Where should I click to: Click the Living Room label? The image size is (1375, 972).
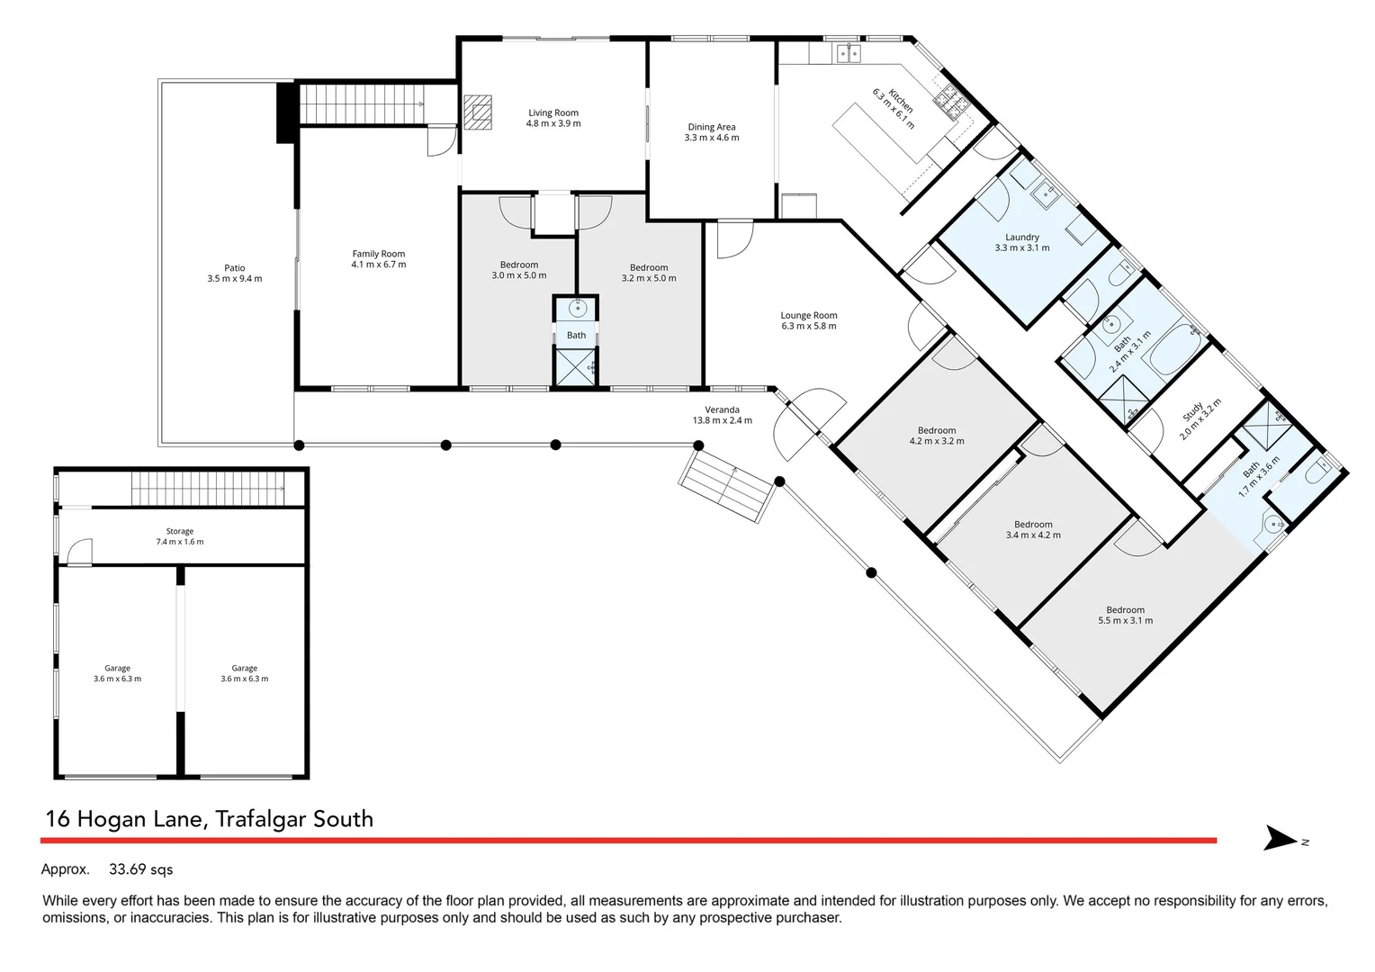pos(553,113)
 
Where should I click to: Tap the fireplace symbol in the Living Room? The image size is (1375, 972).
pos(479,112)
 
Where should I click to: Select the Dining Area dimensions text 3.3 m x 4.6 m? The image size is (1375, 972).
pos(711,138)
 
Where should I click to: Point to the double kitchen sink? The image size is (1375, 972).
pos(848,54)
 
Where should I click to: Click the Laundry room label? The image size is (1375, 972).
pos(1021,238)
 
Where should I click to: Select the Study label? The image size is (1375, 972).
pos(1193,412)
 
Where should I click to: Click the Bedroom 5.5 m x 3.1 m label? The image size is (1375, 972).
pos(1125,610)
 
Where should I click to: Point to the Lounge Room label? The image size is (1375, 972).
pos(808,316)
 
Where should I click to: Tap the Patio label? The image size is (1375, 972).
pos(234,268)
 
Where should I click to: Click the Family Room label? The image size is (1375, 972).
pos(378,254)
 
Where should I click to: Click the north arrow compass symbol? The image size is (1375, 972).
pos(1282,839)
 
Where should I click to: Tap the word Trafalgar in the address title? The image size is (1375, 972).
pos(260,819)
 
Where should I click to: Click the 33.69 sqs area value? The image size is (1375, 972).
pos(140,869)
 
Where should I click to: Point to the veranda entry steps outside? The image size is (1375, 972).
pos(727,486)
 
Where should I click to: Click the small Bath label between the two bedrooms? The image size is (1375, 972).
pos(576,336)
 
